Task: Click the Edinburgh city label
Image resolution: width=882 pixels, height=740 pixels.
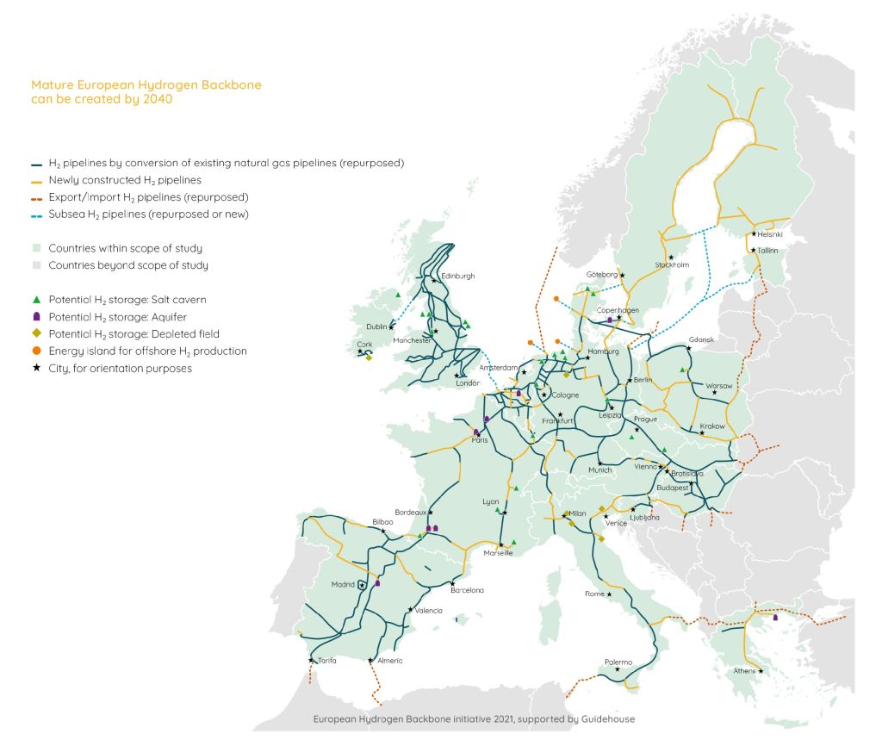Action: [458, 277]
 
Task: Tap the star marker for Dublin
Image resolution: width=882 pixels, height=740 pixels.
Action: [392, 326]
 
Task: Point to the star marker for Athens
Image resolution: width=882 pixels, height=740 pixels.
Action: [761, 671]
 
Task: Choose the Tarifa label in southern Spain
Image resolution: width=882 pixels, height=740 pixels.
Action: [326, 660]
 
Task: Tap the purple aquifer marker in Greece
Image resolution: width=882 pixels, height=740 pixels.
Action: [776, 617]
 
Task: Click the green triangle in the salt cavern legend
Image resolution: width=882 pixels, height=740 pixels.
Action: [35, 299]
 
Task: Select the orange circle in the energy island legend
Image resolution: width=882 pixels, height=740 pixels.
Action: [35, 351]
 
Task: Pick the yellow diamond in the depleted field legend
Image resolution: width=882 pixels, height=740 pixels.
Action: [35, 333]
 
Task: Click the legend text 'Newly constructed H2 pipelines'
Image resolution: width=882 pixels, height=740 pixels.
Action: [125, 180]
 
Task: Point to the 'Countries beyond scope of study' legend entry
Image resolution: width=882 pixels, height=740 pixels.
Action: [128, 265]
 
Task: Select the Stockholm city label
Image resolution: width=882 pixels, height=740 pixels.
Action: [672, 265]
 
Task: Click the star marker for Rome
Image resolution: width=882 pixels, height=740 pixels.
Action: [610, 594]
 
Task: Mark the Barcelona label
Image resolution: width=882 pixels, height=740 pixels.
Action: [467, 590]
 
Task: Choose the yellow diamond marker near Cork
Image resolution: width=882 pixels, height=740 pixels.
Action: [368, 357]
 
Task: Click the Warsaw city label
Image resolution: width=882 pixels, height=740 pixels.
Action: [719, 385]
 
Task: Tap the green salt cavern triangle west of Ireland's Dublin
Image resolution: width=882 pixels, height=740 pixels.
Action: [398, 295]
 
